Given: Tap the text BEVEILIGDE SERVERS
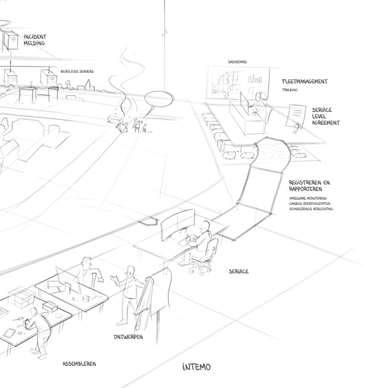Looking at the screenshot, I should (x=77, y=71).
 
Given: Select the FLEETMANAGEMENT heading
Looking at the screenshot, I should (x=305, y=81).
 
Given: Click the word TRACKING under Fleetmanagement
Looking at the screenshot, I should (x=290, y=90).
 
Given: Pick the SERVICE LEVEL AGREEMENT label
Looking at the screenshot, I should (x=325, y=116).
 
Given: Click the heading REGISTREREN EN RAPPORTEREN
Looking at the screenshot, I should (x=309, y=185).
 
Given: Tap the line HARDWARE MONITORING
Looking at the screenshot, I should (x=308, y=198).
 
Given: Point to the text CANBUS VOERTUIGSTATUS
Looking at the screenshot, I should (x=309, y=204).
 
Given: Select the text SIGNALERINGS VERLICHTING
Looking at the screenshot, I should (x=311, y=209).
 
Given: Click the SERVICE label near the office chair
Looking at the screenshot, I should (x=239, y=272).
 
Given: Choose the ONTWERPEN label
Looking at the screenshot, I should (x=128, y=337).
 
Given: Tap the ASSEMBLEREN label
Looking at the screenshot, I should (x=79, y=364).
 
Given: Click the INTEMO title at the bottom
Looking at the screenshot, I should (x=196, y=367).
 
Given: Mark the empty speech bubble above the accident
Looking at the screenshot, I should (x=159, y=100).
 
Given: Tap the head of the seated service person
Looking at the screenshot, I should (x=205, y=226).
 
